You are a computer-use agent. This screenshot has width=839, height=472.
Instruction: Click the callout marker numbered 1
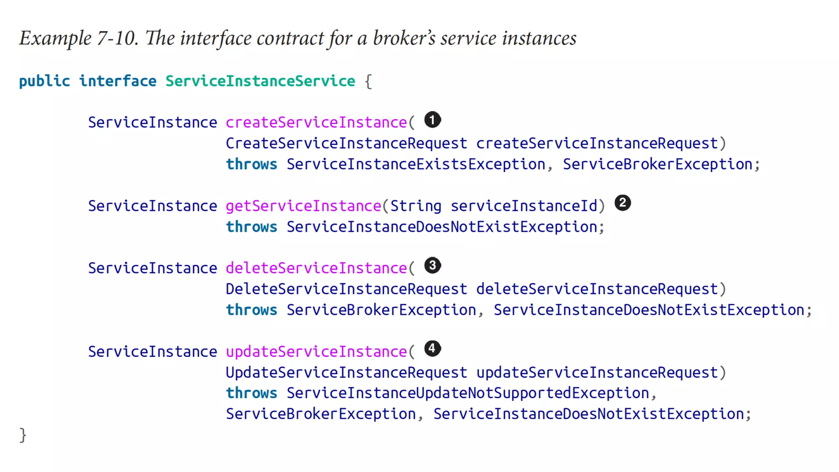[x=432, y=120]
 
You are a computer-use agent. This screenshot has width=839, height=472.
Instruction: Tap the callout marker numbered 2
[x=622, y=203]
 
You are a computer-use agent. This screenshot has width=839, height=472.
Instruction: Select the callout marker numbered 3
[x=432, y=265]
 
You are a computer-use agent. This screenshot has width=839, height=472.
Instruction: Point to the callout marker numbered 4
[x=432, y=349]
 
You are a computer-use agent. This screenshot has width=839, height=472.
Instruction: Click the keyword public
[x=44, y=81]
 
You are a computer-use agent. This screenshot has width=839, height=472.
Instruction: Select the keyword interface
[x=118, y=81]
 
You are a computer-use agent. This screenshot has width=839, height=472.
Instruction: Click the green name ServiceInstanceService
[x=260, y=81]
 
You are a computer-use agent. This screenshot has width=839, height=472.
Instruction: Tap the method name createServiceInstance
[x=316, y=123]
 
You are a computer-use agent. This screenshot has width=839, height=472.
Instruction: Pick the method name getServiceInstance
[x=304, y=206]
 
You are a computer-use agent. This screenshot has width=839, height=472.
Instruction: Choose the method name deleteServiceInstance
[x=316, y=268]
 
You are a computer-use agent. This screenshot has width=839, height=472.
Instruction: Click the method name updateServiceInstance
[x=316, y=352]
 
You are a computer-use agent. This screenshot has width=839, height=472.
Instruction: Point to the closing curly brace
[x=23, y=435]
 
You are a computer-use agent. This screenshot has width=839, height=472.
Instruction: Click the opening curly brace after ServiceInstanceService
[x=368, y=81]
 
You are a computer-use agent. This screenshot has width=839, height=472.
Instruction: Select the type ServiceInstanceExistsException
[x=416, y=164]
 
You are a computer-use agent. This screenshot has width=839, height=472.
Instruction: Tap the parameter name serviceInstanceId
[x=524, y=206]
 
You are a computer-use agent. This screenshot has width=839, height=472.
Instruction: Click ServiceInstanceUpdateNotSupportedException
[x=467, y=393]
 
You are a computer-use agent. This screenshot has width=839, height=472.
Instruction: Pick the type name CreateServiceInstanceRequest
[x=346, y=143]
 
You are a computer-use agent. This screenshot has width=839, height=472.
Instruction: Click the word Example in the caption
[x=55, y=39]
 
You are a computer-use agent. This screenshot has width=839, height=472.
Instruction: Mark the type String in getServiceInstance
[x=415, y=206]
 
